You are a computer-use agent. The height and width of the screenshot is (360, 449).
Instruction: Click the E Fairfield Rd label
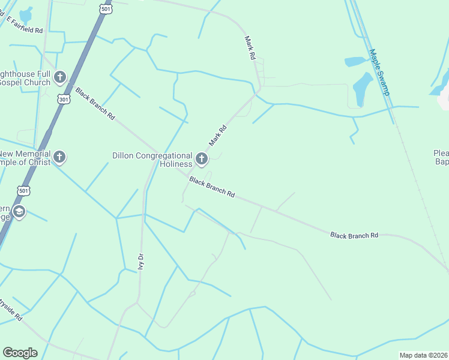[25, 25]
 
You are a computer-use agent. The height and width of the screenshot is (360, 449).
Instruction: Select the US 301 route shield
[64, 98]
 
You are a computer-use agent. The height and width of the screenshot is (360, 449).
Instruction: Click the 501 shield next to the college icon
[23, 191]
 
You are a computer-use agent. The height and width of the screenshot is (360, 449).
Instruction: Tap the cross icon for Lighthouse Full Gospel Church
[59, 77]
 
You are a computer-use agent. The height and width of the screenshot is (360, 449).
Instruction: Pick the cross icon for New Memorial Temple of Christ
[59, 158]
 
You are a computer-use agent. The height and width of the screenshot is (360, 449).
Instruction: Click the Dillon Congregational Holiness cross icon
[202, 159]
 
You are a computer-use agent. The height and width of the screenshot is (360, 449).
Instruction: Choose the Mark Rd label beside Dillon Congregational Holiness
[217, 136]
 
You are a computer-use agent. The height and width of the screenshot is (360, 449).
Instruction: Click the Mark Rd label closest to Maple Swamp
[250, 47]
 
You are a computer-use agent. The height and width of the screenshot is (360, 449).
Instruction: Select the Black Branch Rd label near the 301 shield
[95, 104]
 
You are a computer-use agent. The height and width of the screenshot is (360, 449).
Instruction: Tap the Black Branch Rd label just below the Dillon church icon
[211, 187]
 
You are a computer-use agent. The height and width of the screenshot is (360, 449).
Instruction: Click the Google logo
[20, 353]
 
